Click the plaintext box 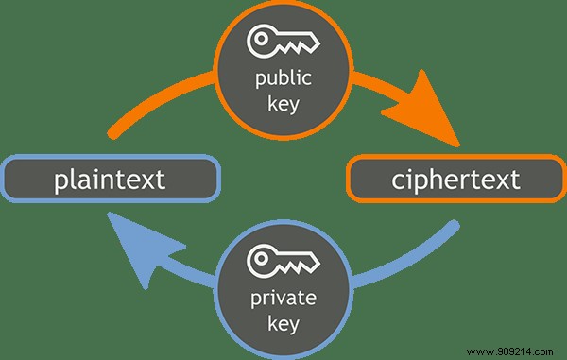coord(110,178)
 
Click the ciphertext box coord(456,178)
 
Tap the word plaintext coord(110,178)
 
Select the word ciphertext coord(456,178)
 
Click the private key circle coord(283,288)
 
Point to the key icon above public coord(283,40)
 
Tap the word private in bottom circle coord(283,299)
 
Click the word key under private coord(283,325)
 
